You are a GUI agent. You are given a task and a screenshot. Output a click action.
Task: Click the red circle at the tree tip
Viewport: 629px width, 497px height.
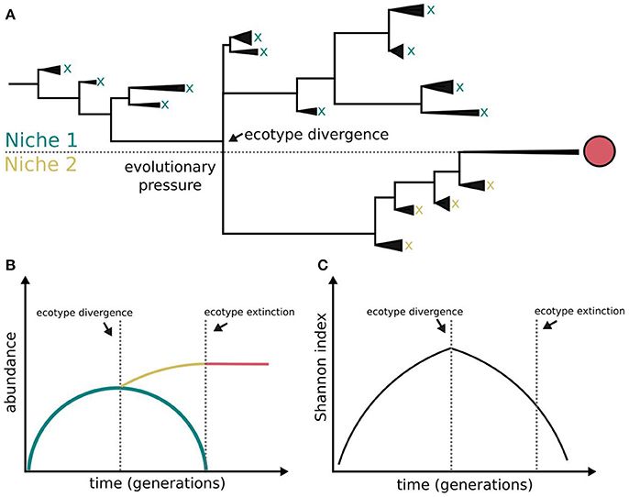(x=601, y=152)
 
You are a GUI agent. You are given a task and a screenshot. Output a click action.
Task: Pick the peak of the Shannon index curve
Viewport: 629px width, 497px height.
(x=451, y=348)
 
